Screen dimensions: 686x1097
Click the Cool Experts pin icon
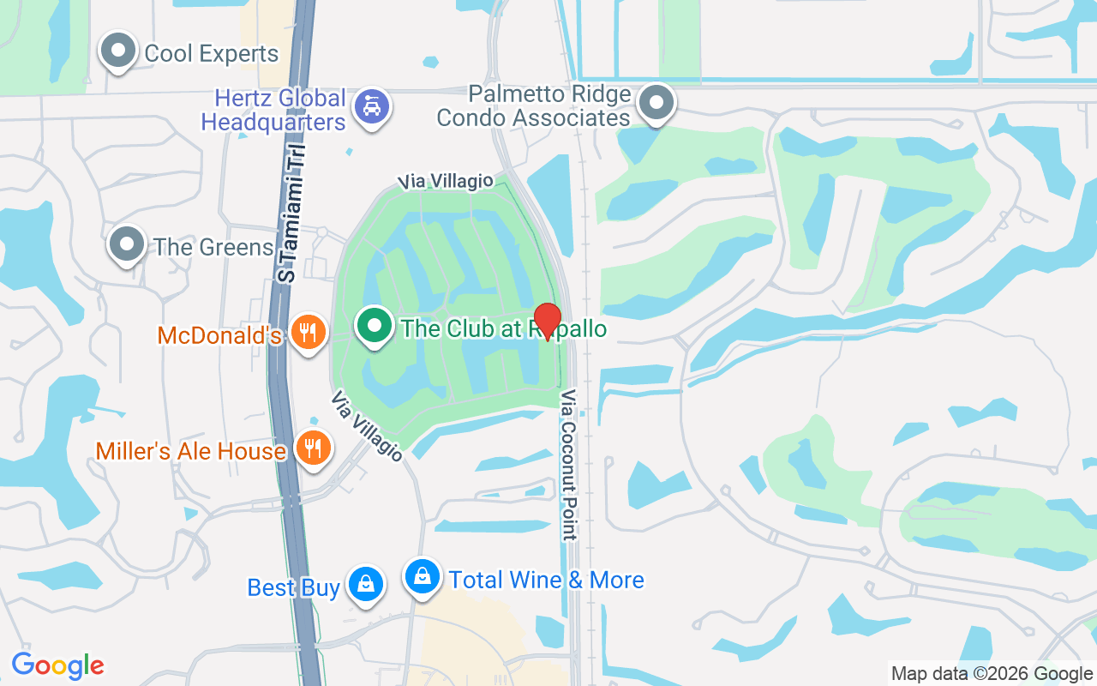(118, 51)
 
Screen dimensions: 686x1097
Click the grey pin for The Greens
(128, 244)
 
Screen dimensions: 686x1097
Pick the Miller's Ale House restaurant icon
(313, 448)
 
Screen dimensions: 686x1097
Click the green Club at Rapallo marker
(374, 326)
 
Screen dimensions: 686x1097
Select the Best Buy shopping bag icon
(366, 586)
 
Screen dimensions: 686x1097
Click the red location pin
(547, 321)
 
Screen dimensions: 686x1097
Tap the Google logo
(57, 665)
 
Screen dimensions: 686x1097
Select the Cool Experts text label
(212, 53)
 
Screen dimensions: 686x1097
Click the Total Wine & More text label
(547, 581)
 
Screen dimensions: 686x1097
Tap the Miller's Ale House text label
(190, 451)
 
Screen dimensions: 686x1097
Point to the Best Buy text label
(293, 587)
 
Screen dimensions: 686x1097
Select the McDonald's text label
(219, 335)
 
